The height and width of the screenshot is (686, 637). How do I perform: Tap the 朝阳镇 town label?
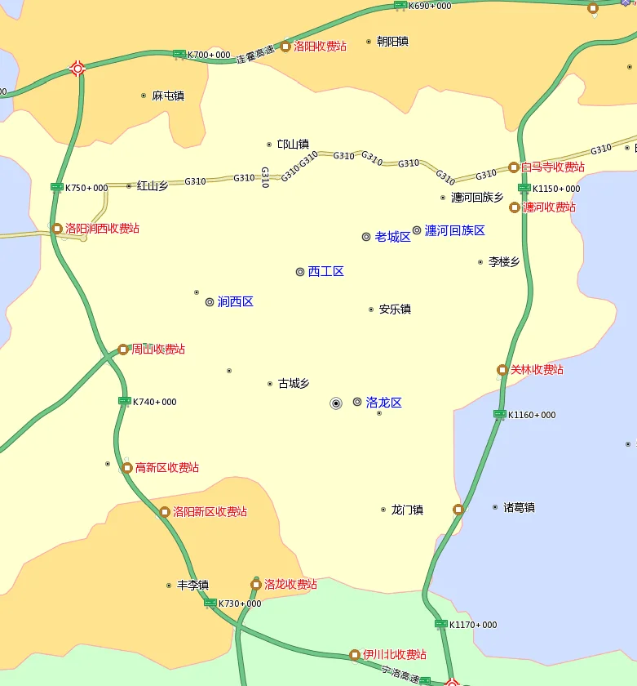click(392, 41)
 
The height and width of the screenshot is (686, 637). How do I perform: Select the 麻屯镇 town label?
click(168, 96)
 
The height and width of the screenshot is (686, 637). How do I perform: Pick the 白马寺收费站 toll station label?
click(553, 167)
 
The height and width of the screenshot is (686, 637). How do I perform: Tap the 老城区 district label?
click(392, 237)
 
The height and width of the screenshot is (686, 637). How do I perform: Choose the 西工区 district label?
click(325, 271)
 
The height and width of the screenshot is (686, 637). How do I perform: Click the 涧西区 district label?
click(235, 301)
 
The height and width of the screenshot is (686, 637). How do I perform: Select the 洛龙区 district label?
click(383, 402)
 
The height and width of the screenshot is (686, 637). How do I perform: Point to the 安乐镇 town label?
click(395, 310)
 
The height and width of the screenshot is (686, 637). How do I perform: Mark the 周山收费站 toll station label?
click(158, 349)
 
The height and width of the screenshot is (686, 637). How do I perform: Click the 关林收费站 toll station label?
click(537, 369)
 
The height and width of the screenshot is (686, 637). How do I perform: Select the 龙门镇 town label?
click(407, 510)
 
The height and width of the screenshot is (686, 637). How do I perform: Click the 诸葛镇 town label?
click(519, 507)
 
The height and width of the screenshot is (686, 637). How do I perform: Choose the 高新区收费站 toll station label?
click(167, 467)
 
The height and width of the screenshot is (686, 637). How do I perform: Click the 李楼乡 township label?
click(504, 262)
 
